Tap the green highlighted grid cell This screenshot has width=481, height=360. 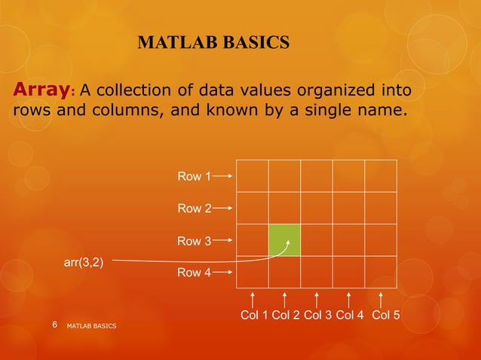point(284,240)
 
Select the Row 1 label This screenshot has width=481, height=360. point(194,176)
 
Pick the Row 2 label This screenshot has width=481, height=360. point(194,209)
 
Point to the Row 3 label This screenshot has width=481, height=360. point(194,241)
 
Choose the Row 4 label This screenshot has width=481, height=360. point(194,273)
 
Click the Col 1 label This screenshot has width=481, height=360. point(254,315)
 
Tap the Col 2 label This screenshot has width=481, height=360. point(286,315)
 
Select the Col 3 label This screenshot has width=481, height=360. point(317,315)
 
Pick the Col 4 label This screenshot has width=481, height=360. point(350,315)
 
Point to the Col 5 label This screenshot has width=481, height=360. point(385,315)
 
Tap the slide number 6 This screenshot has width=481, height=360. point(54,325)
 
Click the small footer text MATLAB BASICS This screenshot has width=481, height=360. point(91,326)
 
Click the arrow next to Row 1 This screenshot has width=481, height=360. point(223,176)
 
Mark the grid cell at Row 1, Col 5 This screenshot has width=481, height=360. point(381,176)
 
